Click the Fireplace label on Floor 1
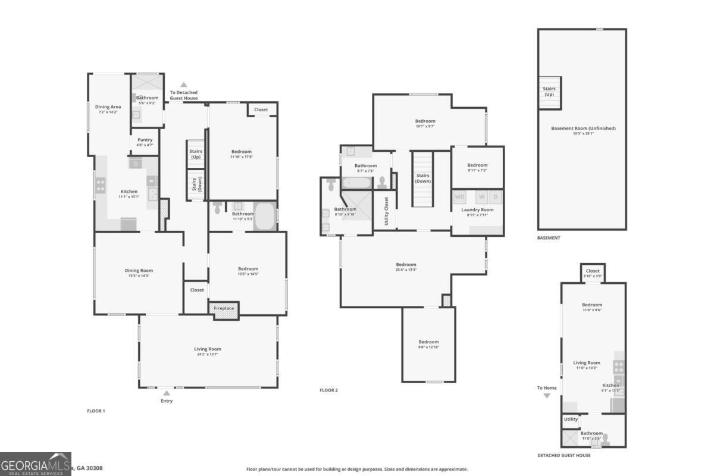coord(223,308)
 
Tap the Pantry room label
coord(145,140)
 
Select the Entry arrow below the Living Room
coord(167,393)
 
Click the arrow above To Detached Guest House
coord(184,84)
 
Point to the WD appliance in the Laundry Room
coord(460,197)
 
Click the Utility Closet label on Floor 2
coord(386,211)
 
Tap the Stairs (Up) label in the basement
coord(549,92)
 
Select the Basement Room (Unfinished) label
coord(583,128)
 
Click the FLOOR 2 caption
coord(328,390)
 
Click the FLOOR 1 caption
coord(96,411)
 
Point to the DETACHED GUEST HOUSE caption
coord(563,455)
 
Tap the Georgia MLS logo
coord(35,464)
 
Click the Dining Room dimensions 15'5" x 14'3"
coord(139,275)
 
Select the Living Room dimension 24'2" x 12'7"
coord(208,354)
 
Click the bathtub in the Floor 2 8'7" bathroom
coord(356,181)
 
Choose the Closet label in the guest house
coord(593,271)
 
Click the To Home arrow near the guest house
coord(547,395)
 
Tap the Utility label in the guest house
coord(571,419)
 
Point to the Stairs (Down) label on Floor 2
coord(423,178)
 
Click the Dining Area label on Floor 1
coord(108,107)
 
